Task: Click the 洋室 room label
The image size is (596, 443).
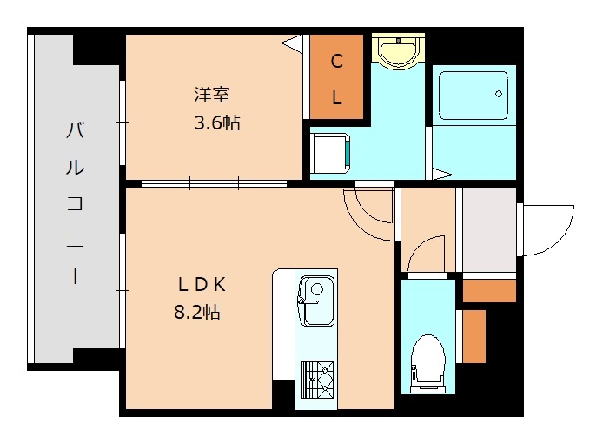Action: tap(212, 95)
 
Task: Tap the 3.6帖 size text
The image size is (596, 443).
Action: tap(217, 122)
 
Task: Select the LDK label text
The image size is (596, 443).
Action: tap(202, 285)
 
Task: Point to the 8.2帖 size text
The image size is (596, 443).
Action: tap(197, 312)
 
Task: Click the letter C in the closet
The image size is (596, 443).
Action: tap(337, 61)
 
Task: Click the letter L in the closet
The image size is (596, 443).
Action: tap(337, 97)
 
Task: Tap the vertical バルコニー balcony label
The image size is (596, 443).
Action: tap(75, 203)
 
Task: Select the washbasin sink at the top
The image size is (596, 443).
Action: tap(398, 50)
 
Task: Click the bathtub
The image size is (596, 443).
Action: tap(473, 96)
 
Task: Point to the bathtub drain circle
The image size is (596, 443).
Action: tap(499, 94)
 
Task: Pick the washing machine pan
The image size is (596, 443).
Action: tap(330, 153)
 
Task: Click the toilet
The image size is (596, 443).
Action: tap(428, 364)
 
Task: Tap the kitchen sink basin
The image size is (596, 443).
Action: tap(316, 301)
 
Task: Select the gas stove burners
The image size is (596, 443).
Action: tap(317, 380)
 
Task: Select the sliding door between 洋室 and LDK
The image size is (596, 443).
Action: tap(214, 183)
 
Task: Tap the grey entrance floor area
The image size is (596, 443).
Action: tap(489, 229)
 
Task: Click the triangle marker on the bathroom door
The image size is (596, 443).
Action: tap(442, 175)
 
